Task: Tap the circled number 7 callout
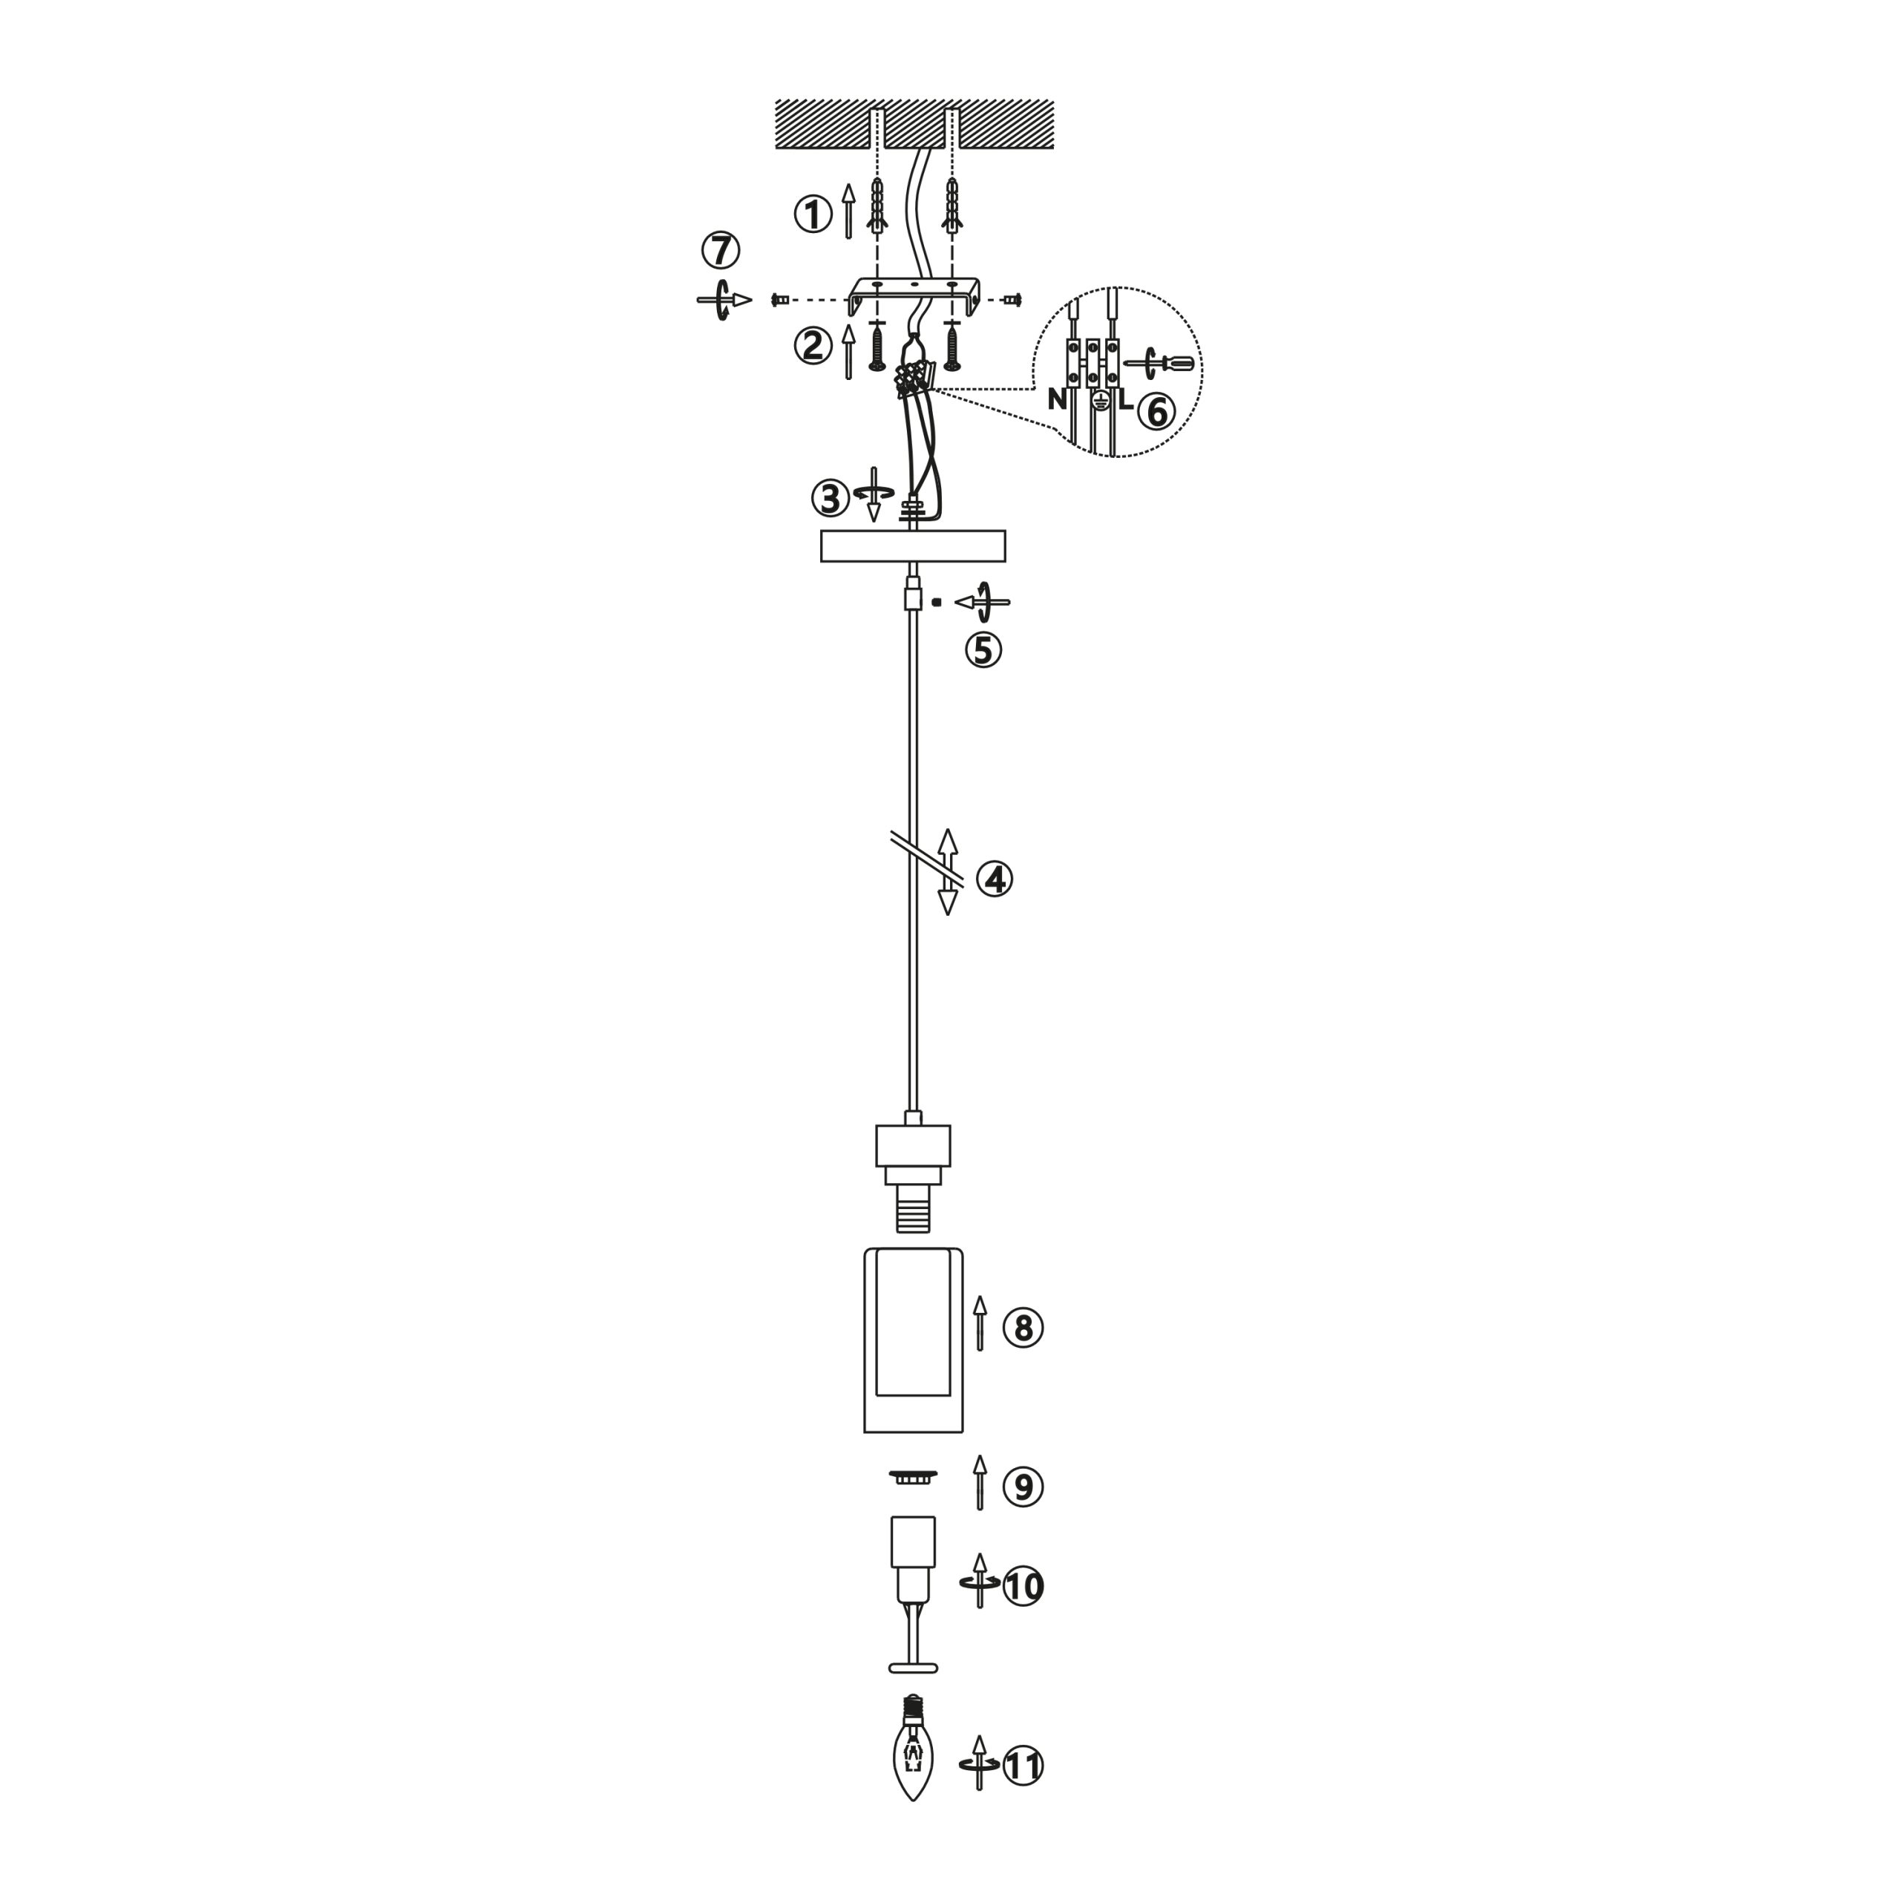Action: pos(721,250)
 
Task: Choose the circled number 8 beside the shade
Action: pos(1023,1328)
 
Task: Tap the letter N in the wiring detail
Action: pos(1057,399)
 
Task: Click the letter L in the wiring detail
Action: pos(1125,400)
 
